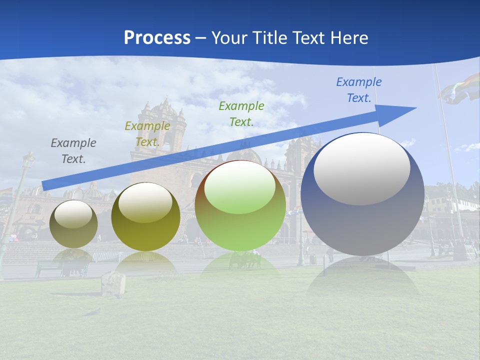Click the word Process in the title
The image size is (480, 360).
click(157, 38)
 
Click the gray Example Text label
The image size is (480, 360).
click(73, 151)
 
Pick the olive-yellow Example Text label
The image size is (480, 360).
click(147, 134)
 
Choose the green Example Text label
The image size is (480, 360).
click(241, 113)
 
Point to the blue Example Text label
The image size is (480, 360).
click(358, 90)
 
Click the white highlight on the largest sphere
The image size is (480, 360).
click(361, 169)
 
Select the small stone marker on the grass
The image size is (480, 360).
click(113, 284)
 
